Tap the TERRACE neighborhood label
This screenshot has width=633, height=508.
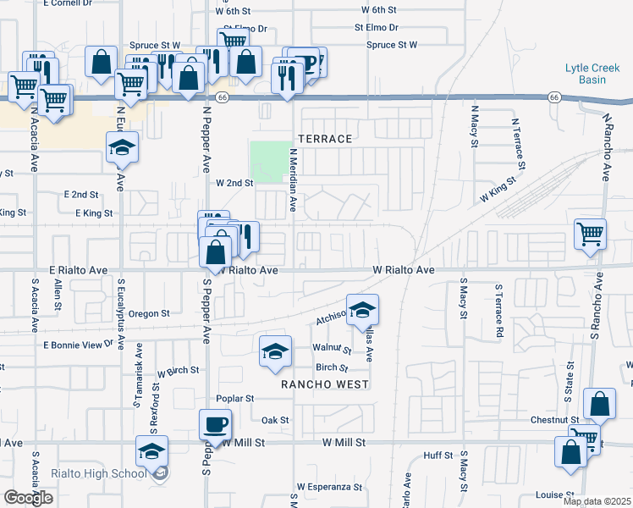click(x=322, y=137)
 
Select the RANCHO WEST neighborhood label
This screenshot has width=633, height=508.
click(x=325, y=384)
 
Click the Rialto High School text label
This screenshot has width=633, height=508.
click(x=110, y=473)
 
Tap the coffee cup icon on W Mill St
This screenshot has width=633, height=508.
click(x=215, y=423)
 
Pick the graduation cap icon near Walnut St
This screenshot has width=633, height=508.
click(x=275, y=351)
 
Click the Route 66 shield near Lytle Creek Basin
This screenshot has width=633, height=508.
click(x=553, y=97)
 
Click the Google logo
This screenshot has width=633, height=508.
click(x=28, y=498)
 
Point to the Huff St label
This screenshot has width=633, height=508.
click(x=438, y=456)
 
